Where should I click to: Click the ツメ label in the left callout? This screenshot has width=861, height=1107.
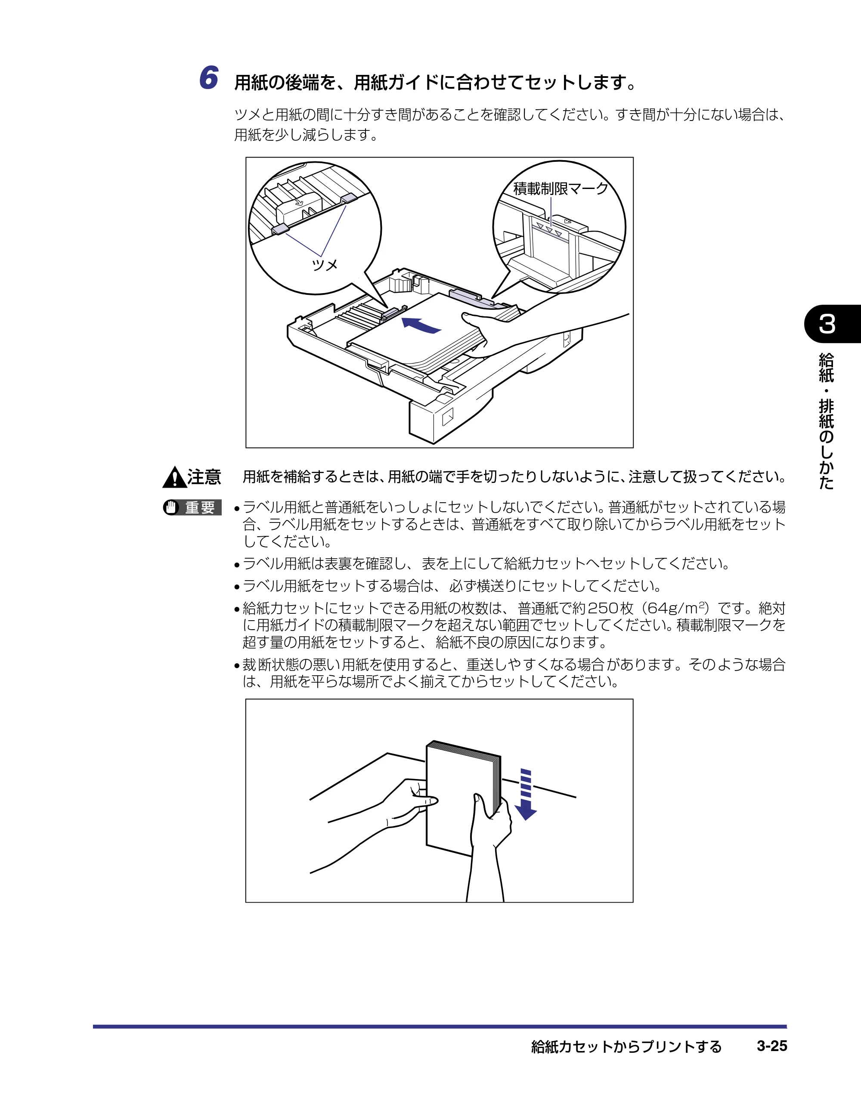325,265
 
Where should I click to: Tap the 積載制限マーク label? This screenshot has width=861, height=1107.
561,189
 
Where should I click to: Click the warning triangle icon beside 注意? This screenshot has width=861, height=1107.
174,477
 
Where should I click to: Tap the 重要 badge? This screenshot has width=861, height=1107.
192,507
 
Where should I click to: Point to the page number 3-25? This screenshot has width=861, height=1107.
772,1046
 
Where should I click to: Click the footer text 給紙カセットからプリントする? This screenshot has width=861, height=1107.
626,1047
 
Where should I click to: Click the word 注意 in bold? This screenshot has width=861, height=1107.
204,477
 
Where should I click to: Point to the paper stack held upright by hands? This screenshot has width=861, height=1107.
462,799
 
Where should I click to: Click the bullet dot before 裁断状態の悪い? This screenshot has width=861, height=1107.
237,665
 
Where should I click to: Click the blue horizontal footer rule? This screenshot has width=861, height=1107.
440,1027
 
